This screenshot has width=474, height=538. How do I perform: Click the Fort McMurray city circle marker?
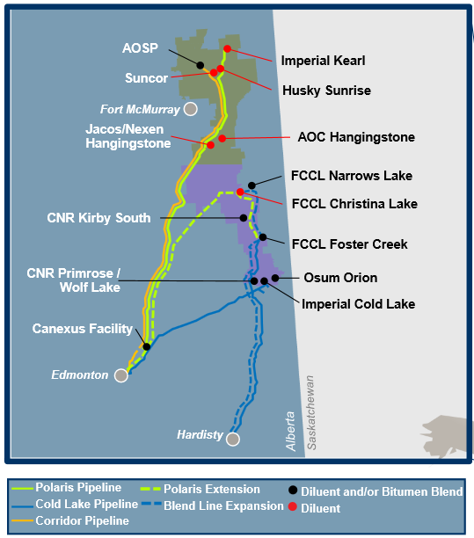(x=189, y=109)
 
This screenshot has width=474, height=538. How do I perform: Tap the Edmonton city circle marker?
(x=121, y=375)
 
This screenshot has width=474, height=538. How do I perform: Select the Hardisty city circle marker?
(x=233, y=439)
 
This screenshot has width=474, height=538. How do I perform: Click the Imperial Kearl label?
(x=323, y=62)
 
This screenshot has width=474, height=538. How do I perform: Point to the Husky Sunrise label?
(x=326, y=91)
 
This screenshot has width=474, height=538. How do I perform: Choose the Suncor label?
(x=146, y=78)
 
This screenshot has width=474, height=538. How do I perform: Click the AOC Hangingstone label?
(x=356, y=137)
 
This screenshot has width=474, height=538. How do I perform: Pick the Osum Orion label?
(x=340, y=278)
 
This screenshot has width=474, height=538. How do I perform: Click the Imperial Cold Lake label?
(x=358, y=304)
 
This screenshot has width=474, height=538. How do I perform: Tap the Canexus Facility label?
(x=83, y=329)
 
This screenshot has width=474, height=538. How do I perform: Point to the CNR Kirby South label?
(x=98, y=218)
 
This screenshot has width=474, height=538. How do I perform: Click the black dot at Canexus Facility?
(x=146, y=346)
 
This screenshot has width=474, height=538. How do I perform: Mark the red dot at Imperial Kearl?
(x=227, y=49)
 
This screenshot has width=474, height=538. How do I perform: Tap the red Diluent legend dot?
(x=293, y=507)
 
